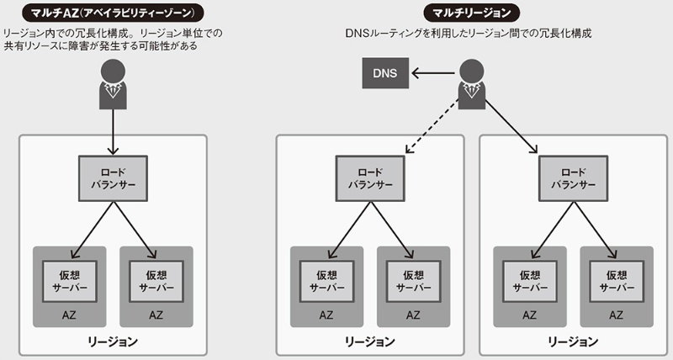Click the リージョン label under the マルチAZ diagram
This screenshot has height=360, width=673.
pos(113,341)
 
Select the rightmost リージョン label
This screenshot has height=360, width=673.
pos(573,341)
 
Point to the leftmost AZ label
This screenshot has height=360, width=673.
pos(70,315)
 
